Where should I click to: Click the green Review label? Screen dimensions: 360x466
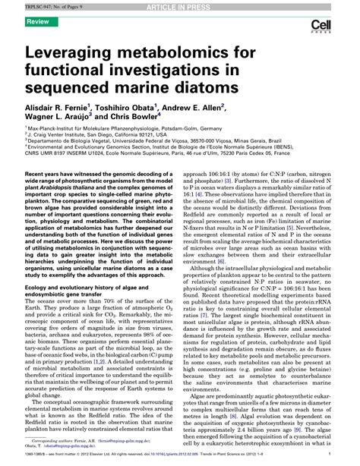click(x=39, y=23)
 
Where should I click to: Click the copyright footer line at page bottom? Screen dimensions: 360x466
click(x=179, y=458)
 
